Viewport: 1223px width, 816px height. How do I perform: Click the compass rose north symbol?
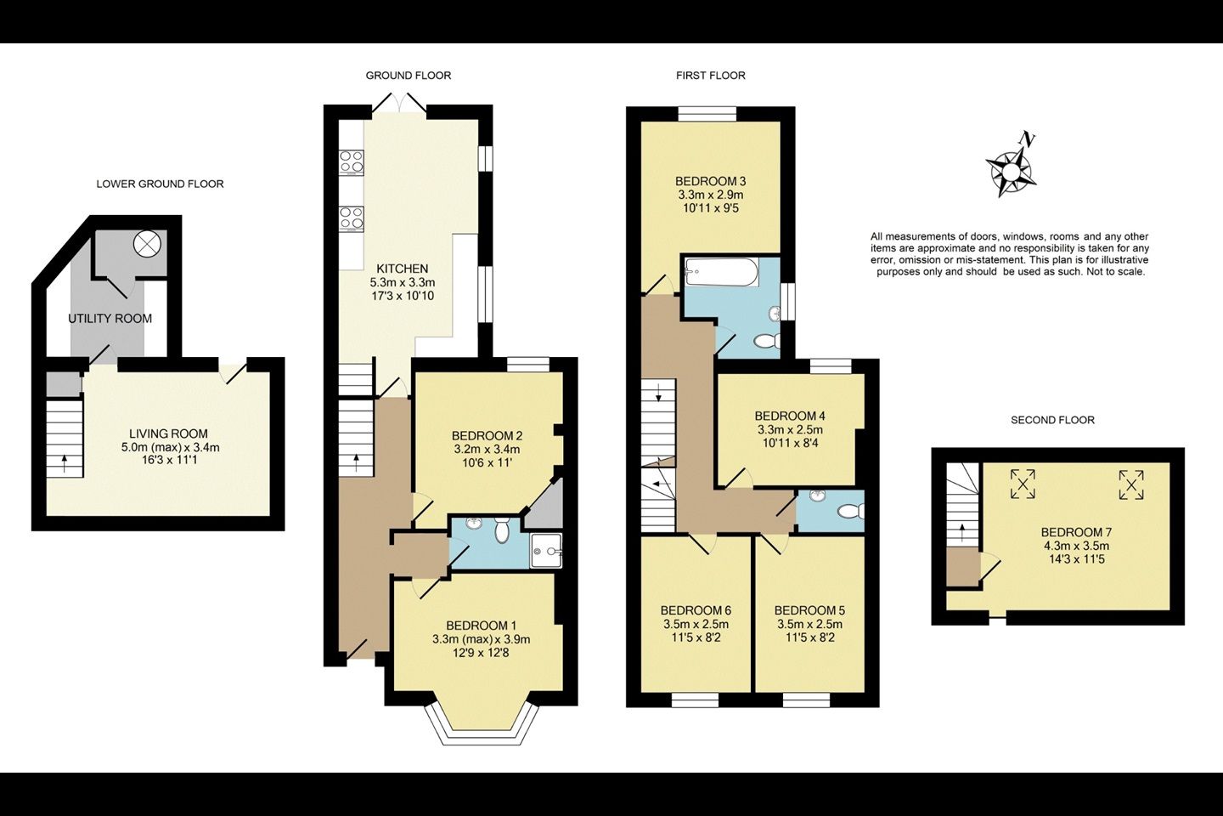click(1011, 168)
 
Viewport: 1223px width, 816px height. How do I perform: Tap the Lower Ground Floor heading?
click(160, 184)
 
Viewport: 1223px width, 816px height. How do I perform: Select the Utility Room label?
click(110, 319)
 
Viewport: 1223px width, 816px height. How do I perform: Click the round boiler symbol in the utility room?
click(148, 244)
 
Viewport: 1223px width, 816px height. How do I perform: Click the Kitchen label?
click(403, 269)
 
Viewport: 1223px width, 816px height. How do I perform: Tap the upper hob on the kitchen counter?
click(352, 161)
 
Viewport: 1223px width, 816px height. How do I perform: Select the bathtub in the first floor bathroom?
click(721, 272)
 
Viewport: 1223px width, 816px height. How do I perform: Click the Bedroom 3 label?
click(710, 181)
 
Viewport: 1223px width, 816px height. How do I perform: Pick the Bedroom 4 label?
click(790, 416)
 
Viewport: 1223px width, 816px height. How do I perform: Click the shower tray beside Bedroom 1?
click(546, 551)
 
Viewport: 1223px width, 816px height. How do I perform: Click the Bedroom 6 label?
click(696, 610)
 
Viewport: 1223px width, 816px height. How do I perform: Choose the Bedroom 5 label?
click(809, 610)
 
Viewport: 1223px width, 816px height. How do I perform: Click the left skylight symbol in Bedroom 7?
click(1023, 484)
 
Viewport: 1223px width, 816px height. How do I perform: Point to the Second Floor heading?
click(1052, 420)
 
